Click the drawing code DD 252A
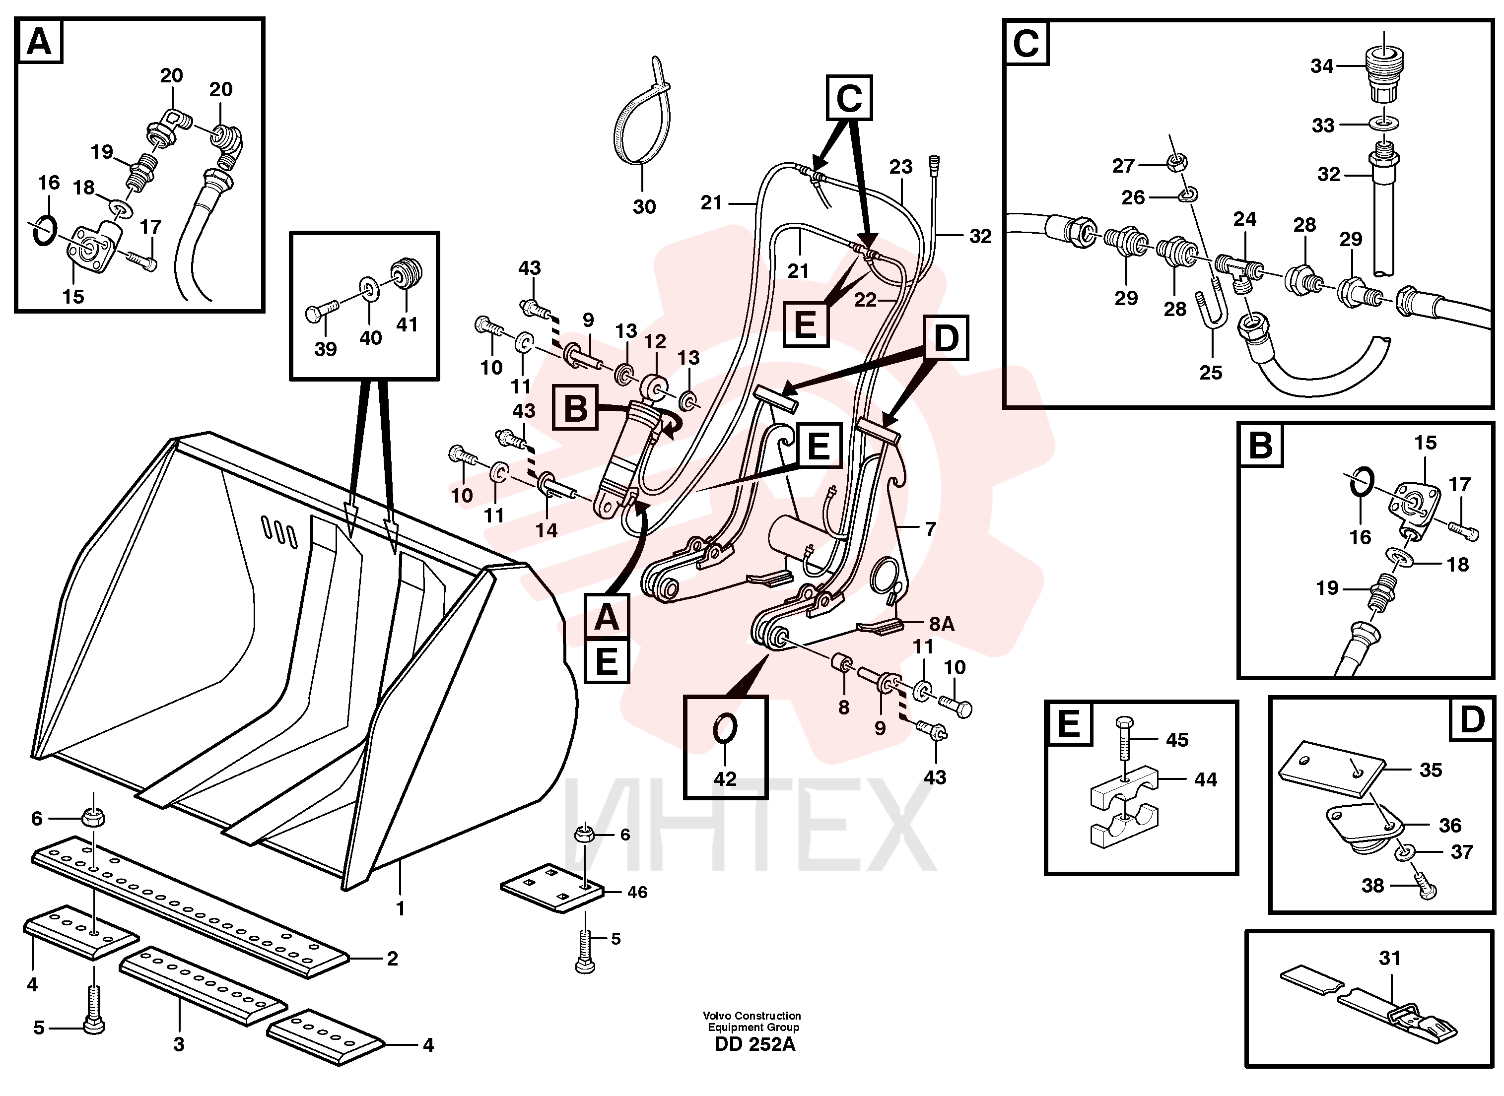754,1044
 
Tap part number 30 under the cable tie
644,207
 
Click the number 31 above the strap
1389,958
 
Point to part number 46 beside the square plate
637,892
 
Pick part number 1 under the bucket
400,908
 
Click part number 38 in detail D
1372,886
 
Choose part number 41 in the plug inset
407,324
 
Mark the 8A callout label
941,624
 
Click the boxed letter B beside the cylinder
575,407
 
